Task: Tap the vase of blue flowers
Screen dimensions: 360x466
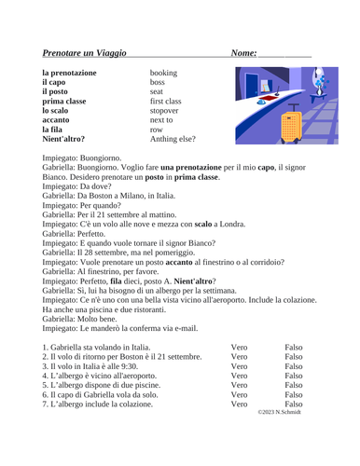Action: click(x=333, y=78)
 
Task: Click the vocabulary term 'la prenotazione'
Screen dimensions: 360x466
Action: click(x=75, y=73)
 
